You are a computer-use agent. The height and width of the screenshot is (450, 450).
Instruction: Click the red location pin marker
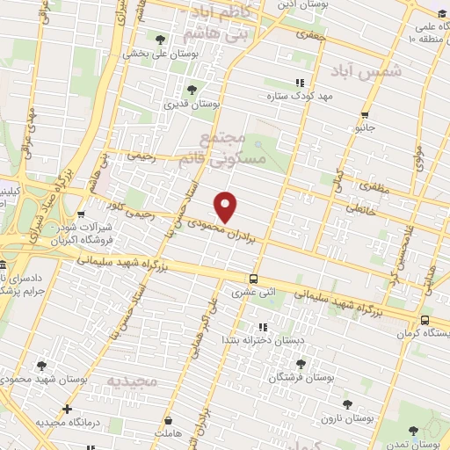click(x=227, y=207)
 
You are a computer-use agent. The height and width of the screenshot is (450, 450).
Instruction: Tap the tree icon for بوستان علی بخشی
click(x=159, y=40)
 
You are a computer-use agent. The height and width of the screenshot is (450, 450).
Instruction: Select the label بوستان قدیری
click(x=192, y=103)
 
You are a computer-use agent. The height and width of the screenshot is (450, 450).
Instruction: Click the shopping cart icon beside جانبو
click(x=365, y=113)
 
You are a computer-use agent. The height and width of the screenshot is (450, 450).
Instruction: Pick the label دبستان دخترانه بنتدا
click(x=251, y=338)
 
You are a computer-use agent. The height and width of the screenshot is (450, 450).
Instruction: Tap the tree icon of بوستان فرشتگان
click(x=301, y=363)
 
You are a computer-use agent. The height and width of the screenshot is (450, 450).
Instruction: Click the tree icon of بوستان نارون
click(x=349, y=404)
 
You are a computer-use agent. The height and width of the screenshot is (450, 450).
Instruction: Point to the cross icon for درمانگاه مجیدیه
click(x=68, y=409)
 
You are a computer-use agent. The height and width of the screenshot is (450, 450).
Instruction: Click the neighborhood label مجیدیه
click(x=132, y=381)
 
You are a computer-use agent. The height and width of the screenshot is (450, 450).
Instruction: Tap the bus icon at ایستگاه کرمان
click(x=425, y=321)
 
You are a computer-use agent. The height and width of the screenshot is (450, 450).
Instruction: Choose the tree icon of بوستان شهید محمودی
click(x=41, y=366)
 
